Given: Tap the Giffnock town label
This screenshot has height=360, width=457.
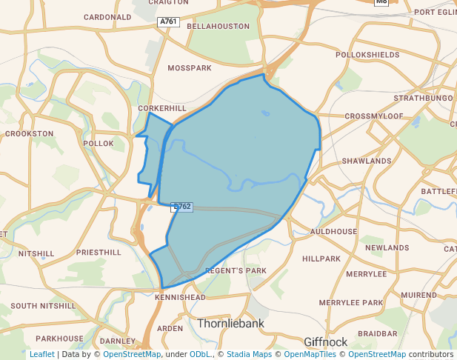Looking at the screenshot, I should [x=326, y=341].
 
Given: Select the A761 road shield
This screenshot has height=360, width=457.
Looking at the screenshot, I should [x=169, y=23].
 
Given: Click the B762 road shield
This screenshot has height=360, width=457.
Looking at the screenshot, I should [x=181, y=207].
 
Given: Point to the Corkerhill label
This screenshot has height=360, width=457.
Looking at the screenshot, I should [x=162, y=108].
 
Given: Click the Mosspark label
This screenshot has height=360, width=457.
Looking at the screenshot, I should [x=190, y=68].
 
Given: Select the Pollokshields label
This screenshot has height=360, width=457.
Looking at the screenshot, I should [x=367, y=56].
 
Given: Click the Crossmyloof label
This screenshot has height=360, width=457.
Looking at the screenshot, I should [x=373, y=116].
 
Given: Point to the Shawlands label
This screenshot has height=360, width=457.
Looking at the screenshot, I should [x=366, y=161].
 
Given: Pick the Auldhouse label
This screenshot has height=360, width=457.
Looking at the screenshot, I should [x=333, y=232].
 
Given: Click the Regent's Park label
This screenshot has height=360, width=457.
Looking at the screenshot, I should [x=235, y=270].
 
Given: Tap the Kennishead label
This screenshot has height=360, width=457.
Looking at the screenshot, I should [x=181, y=297].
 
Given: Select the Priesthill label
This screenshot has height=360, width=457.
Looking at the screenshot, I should [x=99, y=253].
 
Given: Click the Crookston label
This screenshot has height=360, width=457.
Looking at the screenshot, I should [x=30, y=134].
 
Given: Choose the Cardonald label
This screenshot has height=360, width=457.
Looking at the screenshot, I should [x=107, y=16].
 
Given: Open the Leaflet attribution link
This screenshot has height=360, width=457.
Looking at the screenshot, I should [x=42, y=354].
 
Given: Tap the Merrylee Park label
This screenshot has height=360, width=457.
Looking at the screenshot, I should [x=351, y=303].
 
